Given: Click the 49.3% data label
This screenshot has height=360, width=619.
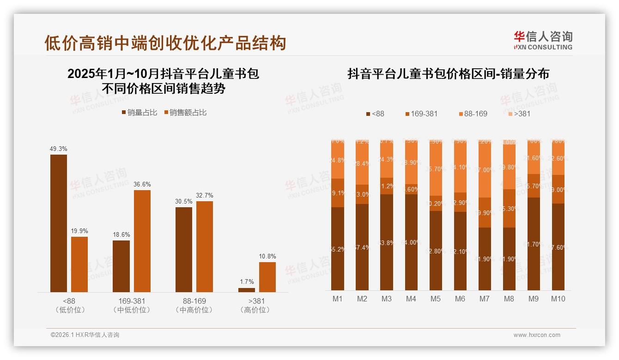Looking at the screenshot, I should coord(59,149).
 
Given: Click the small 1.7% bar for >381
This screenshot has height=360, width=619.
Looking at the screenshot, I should coord(247,290).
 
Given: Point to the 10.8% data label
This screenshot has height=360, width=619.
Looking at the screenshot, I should coord(267,256).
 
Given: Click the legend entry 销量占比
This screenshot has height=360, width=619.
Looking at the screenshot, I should coord(139,113).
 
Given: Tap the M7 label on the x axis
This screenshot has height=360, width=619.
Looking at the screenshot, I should coord(484,299).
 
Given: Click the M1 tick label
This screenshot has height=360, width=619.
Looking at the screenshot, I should coord(338,299).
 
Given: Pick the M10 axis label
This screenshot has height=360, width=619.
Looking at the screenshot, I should coord(558,299).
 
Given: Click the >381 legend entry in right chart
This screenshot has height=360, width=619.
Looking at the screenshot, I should coord(519,114).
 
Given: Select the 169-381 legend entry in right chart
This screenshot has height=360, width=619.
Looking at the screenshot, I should coord(421,114).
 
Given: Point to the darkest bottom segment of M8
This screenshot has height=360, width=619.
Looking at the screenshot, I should coord(509,259).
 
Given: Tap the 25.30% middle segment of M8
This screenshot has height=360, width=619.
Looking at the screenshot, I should coord(509,209).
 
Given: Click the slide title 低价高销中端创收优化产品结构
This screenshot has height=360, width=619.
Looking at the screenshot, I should coord(165,43).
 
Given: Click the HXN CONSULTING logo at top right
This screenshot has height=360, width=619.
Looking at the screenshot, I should coord(543,41).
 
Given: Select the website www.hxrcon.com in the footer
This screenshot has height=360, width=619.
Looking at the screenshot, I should coord(537,335).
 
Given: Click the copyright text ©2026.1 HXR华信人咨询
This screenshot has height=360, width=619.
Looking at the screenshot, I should coord(85,335).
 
